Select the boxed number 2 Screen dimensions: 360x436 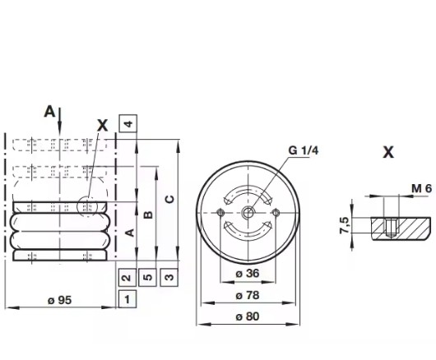[x=127, y=277]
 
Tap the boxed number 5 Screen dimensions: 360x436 [x=147, y=277]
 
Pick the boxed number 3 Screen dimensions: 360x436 [x=169, y=277]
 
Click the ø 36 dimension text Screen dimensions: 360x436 [x=248, y=274]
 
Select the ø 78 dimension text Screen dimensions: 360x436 [x=248, y=294]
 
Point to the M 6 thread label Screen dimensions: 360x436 [x=421, y=188]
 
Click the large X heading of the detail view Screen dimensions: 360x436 [x=388, y=152]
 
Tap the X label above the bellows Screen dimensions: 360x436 [x=102, y=125]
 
